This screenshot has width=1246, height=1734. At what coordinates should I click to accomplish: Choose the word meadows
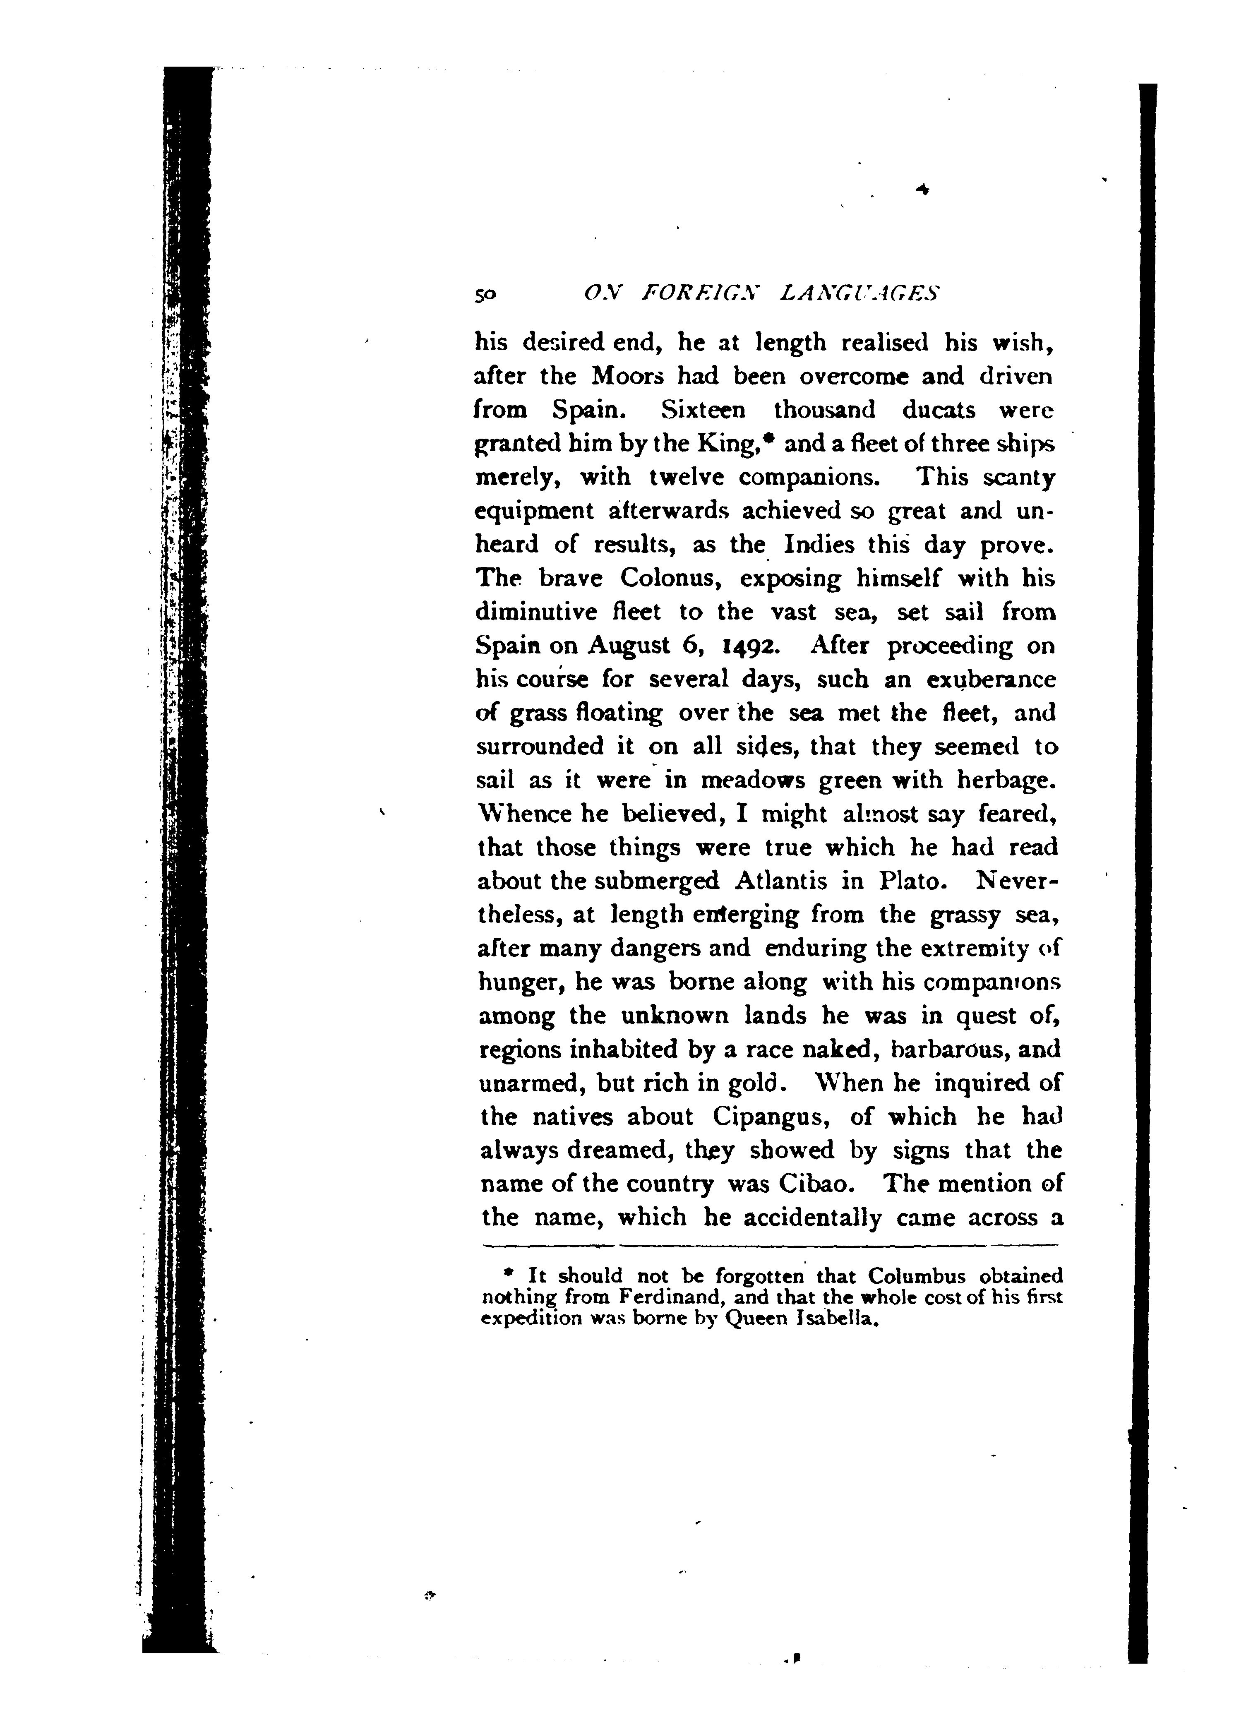[753, 781]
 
